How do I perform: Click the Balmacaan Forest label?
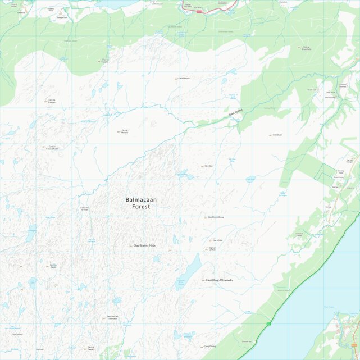coord(138,203)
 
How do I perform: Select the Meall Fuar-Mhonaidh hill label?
coord(219,280)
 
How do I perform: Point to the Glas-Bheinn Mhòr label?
coord(144,245)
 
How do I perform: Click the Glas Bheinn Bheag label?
coord(217,217)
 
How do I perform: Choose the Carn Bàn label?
coord(208,166)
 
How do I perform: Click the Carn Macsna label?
coord(184,78)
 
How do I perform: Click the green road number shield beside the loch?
coord(268,323)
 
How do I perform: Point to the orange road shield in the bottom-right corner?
coord(353,344)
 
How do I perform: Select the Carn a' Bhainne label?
coord(125,131)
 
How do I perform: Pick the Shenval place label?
coord(22,11)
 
